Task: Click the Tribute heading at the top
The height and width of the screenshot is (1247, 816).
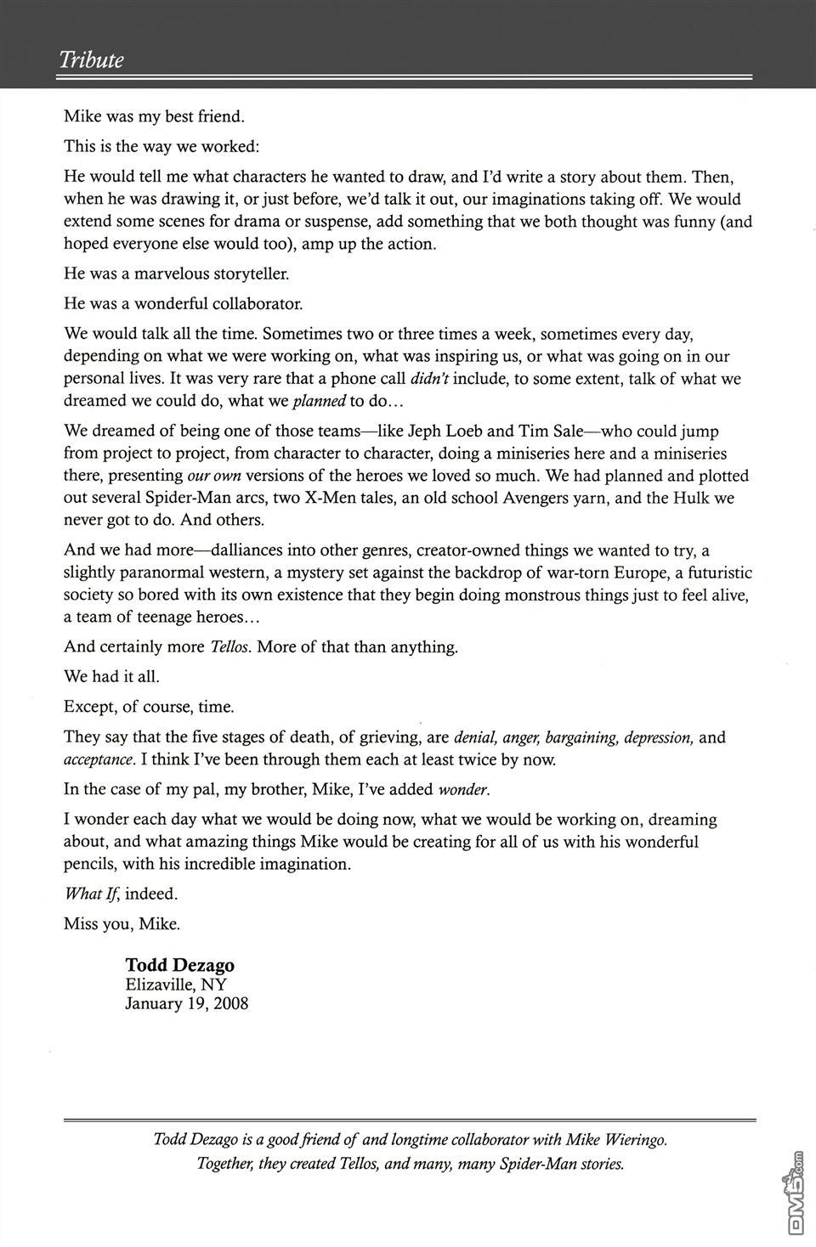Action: click(91, 59)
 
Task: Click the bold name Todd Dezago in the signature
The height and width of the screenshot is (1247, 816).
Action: click(180, 964)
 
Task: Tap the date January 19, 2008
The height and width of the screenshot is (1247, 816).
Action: click(186, 1003)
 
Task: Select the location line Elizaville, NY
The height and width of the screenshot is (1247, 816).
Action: click(176, 985)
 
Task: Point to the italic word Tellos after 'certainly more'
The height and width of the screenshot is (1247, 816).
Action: click(230, 647)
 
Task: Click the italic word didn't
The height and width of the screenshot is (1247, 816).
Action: click(429, 379)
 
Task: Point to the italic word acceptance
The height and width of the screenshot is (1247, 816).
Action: click(99, 759)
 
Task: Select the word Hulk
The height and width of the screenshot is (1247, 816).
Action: click(691, 498)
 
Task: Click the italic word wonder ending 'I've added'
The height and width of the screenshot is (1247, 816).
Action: click(463, 790)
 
